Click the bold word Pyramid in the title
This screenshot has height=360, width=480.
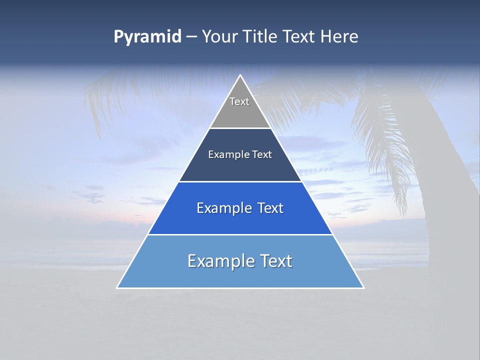147,36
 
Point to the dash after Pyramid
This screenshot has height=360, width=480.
191,37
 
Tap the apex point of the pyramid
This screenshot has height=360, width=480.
240,75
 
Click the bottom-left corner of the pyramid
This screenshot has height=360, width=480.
117,287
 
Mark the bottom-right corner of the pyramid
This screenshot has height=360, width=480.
363,287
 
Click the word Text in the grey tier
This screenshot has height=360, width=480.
239,101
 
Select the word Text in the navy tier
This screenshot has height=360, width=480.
262,154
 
